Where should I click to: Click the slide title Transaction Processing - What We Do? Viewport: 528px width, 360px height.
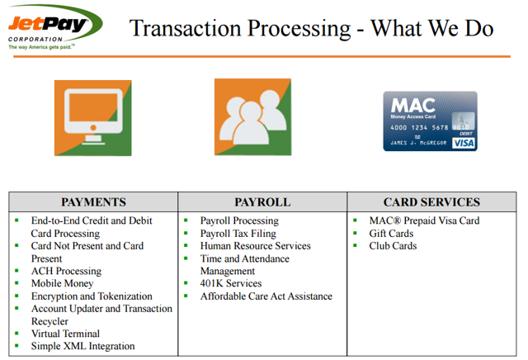[x=312, y=28]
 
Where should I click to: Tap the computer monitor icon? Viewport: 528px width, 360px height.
[x=92, y=117]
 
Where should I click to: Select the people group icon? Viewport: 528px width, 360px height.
[x=252, y=116]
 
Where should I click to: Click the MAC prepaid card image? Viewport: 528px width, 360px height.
[x=429, y=121]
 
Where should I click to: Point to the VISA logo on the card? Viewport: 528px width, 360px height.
[x=464, y=143]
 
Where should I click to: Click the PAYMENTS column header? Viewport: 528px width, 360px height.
[x=93, y=202]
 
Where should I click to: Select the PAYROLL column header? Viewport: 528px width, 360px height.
[x=262, y=202]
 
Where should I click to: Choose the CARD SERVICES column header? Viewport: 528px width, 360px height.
[x=431, y=202]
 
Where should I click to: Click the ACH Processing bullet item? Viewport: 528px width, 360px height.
[x=66, y=271]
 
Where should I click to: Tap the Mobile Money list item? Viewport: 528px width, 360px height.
[x=62, y=283]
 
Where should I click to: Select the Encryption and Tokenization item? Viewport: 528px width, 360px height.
[x=92, y=296]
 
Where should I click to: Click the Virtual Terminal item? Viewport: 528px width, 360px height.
[x=65, y=334]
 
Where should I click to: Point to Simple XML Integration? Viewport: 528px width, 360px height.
[x=82, y=346]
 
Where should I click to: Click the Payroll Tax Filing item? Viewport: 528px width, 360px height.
[x=238, y=234]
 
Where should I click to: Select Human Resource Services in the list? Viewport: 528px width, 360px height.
[x=255, y=246]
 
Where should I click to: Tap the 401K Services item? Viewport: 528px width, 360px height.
[x=230, y=283]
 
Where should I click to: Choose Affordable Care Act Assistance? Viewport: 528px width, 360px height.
[x=266, y=296]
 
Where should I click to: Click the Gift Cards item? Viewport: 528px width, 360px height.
[x=391, y=234]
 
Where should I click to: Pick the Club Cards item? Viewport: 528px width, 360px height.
[x=393, y=246]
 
